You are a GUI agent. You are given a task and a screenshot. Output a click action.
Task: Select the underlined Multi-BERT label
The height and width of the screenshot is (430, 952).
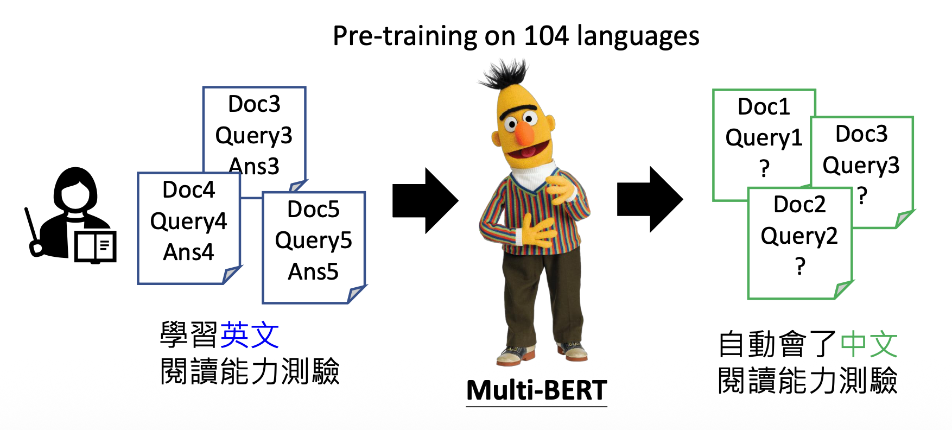[536, 390]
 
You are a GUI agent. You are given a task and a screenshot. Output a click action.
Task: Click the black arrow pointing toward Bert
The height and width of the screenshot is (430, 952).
[426, 201]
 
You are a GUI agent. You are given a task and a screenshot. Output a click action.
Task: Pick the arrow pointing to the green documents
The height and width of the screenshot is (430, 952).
[650, 199]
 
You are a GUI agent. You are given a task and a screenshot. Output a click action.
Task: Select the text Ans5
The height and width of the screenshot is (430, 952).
[313, 271]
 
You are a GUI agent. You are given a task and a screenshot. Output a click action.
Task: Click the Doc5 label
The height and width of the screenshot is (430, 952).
[313, 209]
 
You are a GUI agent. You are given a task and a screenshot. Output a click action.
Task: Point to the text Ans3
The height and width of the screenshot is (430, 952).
[254, 166]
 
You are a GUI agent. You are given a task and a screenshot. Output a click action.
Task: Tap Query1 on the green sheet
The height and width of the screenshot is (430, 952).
[764, 138]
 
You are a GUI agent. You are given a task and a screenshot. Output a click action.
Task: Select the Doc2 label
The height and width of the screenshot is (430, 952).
[799, 205]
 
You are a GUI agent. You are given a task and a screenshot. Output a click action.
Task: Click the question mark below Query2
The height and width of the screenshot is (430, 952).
[800, 266]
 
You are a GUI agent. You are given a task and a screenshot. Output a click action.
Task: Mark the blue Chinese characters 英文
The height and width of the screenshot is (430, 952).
[250, 335]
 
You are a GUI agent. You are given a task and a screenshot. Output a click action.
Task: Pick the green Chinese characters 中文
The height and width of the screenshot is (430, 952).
[869, 344]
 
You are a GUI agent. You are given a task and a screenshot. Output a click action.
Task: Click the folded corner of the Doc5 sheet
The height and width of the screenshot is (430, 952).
[356, 294]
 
